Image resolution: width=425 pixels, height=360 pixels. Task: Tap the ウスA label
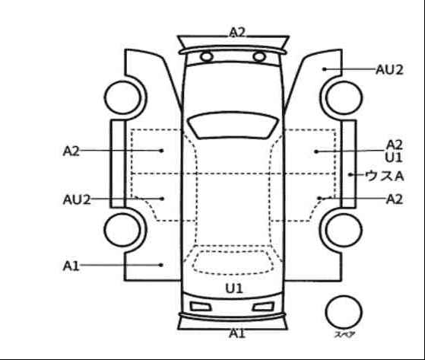[x=385, y=176]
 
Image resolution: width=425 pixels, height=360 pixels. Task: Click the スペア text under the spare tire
[x=344, y=334]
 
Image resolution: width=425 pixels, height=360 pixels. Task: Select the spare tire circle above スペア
[x=344, y=312]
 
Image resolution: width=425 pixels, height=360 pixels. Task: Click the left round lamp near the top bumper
[x=207, y=56]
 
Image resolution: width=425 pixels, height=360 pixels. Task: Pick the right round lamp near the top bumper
[x=259, y=56]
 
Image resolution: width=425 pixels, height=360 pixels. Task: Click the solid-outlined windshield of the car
[x=233, y=125]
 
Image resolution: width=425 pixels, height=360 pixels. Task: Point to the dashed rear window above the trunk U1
[x=233, y=263]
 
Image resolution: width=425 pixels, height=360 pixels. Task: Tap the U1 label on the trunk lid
[x=234, y=288]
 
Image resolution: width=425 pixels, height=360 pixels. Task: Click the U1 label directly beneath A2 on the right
[x=394, y=158]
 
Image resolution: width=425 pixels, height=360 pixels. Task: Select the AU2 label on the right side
[x=389, y=70]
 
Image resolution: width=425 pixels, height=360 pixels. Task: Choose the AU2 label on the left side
[x=77, y=200]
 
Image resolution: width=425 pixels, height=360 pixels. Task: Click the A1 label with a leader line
[x=71, y=266]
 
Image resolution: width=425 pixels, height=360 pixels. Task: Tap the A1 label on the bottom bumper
[x=237, y=333]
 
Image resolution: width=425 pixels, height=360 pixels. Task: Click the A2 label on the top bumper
[x=237, y=32]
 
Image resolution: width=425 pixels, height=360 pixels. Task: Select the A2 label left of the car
[x=71, y=151]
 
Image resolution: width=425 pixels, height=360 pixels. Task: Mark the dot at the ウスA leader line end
[x=350, y=175]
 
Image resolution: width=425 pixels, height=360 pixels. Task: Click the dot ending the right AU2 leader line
[x=324, y=69]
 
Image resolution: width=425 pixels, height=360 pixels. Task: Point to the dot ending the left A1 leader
[x=161, y=265]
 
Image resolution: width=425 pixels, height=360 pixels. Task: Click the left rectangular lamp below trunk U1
[x=201, y=307]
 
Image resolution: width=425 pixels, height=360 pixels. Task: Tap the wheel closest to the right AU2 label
[x=344, y=97]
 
